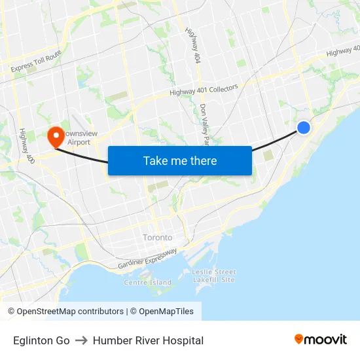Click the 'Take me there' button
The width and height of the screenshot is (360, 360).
point(180,160)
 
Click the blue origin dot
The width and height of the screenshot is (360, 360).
point(304,128)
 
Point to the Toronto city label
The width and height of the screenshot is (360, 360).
point(158,238)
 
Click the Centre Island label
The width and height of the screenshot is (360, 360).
point(147,283)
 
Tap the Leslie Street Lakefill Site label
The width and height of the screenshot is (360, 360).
point(213,276)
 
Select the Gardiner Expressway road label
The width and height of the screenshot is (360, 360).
point(147,259)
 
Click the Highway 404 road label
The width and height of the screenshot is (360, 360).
point(193,46)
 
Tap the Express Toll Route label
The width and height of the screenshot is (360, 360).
point(36,61)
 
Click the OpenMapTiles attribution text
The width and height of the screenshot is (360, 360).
point(164,312)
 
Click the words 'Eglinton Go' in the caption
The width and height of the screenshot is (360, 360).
point(41,340)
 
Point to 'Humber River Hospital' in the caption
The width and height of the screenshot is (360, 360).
point(148,340)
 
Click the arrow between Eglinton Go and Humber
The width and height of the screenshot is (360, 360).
point(81,340)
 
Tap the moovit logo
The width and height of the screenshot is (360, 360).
point(320,339)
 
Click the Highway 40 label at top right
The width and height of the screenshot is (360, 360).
point(343,51)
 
